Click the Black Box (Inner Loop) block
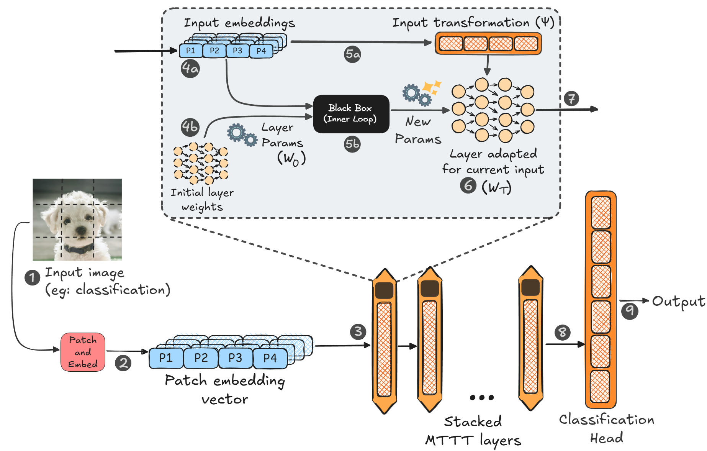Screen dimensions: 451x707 pos(351,114)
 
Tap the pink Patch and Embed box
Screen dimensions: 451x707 pos(83,352)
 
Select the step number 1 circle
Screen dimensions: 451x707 pos(32,277)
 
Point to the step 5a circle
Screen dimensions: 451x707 pos(352,54)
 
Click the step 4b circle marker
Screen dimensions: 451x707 pos(190,126)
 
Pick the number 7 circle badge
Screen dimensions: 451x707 pos(571,98)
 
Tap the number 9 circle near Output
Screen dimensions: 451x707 pos(630,310)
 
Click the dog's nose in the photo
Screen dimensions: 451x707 pos(81,230)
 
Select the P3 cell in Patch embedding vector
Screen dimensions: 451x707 pos(235,358)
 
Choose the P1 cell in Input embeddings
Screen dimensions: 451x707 pos(191,51)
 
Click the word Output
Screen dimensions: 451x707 pos(678,301)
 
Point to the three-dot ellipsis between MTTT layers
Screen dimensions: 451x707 pos(482,397)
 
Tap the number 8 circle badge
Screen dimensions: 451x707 pos(562,332)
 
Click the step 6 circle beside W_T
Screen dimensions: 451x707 pos(468,185)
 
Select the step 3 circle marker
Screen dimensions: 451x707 pos(358,331)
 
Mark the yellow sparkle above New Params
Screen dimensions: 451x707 pos(432,87)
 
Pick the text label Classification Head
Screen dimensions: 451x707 pos(607,428)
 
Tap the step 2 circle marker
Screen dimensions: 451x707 pos(123,363)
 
